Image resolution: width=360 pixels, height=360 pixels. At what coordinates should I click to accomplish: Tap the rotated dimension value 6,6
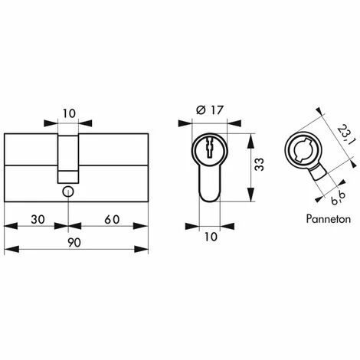click(x=335, y=183)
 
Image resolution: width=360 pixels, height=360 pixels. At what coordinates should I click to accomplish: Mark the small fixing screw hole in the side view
click(x=68, y=192)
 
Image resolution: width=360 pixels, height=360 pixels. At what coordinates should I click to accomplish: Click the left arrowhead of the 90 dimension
click(x=8, y=249)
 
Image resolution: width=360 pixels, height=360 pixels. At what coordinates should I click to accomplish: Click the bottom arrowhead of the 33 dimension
click(x=252, y=201)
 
